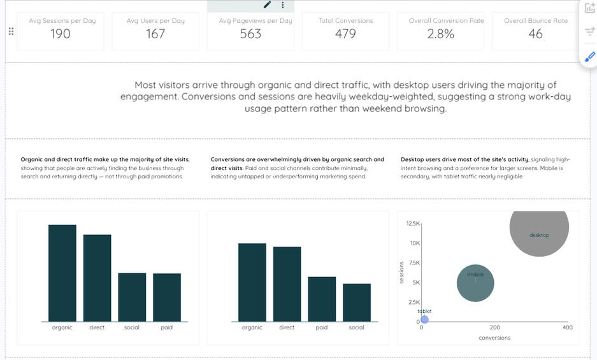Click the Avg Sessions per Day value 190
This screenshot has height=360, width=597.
coord(61,34)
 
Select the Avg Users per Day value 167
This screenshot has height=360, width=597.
coord(155,34)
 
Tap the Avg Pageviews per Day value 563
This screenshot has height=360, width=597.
coord(250,34)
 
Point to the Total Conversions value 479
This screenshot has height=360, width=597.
coord(345,34)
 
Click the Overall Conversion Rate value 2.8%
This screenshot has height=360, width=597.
coord(440,34)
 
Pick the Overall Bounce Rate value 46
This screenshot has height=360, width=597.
coord(535,34)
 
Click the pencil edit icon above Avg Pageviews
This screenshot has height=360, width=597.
coord(268,5)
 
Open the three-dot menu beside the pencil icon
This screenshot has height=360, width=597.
coord(283,5)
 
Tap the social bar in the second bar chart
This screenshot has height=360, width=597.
coord(357,302)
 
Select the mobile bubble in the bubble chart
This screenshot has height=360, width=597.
coord(475,284)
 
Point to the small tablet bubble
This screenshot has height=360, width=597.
coord(424,319)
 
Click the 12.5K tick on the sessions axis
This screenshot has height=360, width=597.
coord(412,224)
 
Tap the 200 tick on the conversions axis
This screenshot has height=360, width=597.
coord(494,328)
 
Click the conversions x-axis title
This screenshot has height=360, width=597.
coord(494,338)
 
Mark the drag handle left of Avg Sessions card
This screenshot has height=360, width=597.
coord(11,32)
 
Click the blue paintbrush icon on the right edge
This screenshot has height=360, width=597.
coord(589,57)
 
